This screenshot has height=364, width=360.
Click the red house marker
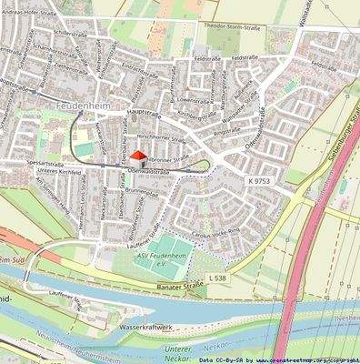coord(138,156)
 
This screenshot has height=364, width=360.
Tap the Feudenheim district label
coord(73,107)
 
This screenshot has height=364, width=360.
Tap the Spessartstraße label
coord(45,163)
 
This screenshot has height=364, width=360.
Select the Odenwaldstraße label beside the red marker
coord(150,169)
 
